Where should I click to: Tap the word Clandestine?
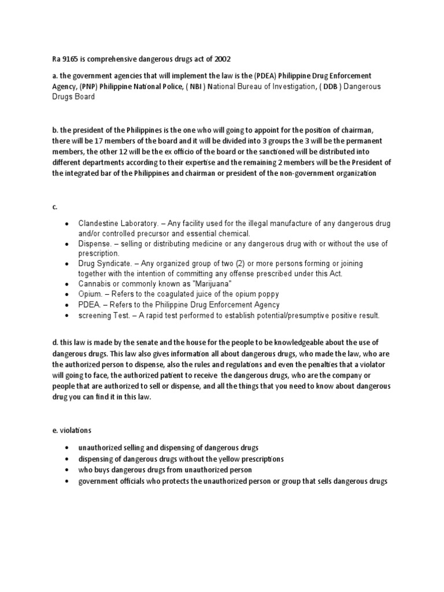[x=100, y=223]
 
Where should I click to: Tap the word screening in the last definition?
[x=97, y=315]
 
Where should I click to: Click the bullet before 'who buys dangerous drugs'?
[x=68, y=470]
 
